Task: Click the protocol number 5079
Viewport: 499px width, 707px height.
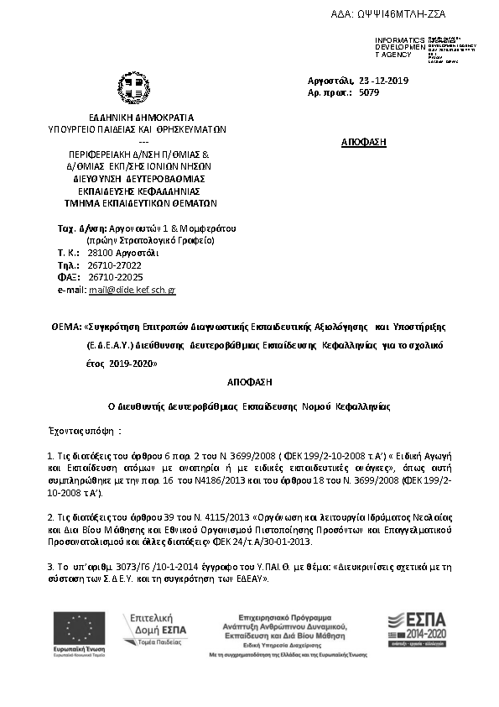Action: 368,95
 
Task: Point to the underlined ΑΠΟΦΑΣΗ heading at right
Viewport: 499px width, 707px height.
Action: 364,142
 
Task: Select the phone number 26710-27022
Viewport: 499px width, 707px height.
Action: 115,264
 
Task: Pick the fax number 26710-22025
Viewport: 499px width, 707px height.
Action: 115,277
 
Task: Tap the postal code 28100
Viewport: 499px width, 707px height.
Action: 99,252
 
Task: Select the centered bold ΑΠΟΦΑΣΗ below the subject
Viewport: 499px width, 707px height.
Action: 249,381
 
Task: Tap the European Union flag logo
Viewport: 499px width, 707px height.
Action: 79,628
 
